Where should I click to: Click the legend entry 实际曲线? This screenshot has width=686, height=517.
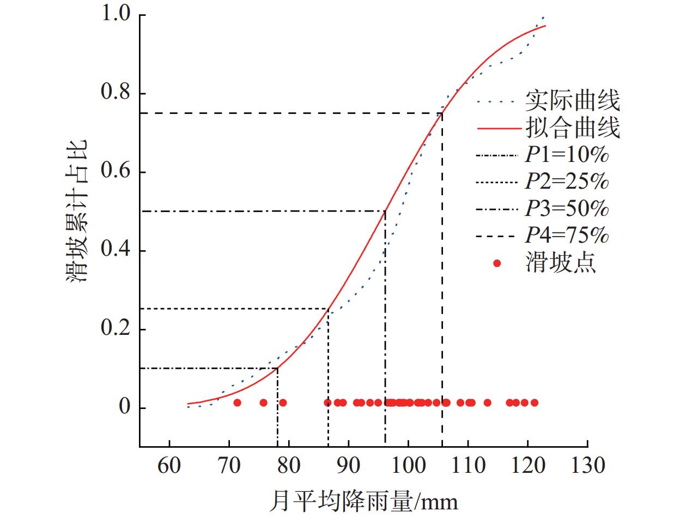coord(572,101)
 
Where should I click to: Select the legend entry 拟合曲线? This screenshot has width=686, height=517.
coord(572,129)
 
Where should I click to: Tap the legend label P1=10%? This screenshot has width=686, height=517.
coord(567,156)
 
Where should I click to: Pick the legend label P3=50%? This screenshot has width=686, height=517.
coord(567,209)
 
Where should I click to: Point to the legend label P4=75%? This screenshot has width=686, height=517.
coord(567,236)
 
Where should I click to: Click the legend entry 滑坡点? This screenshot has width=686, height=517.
coord(561,263)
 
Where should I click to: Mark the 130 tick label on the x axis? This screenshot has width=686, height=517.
coord(587,466)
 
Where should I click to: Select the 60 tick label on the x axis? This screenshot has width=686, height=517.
coord(169,466)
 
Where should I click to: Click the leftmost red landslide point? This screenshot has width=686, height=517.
coord(237,402)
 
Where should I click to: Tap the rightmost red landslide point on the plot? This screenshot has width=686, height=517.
coord(534,402)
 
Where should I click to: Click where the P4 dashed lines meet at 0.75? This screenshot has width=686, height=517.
coord(442,113)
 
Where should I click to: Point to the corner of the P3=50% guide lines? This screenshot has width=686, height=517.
coord(385,211)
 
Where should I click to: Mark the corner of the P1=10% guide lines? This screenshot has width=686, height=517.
coord(278,368)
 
